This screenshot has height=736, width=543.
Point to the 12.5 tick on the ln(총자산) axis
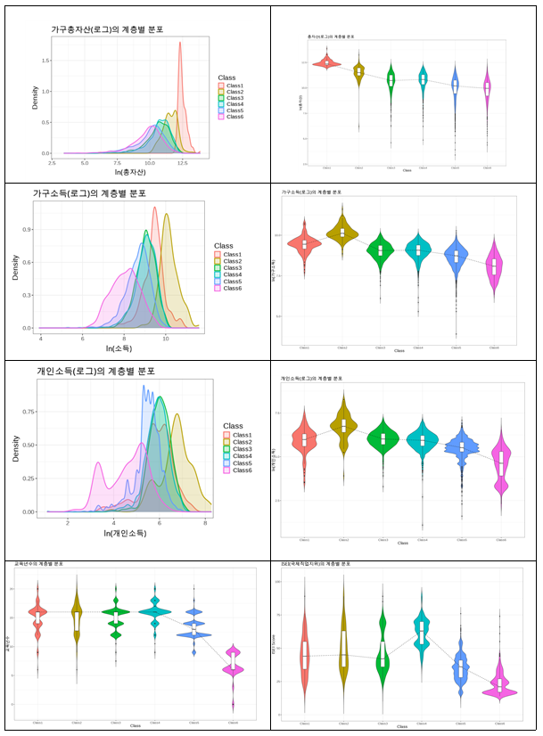182,162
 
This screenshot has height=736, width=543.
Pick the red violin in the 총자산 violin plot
327,62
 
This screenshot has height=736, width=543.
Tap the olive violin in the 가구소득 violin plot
342,233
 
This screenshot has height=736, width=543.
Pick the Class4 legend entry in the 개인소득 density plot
235,456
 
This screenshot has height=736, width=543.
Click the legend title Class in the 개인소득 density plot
233,426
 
